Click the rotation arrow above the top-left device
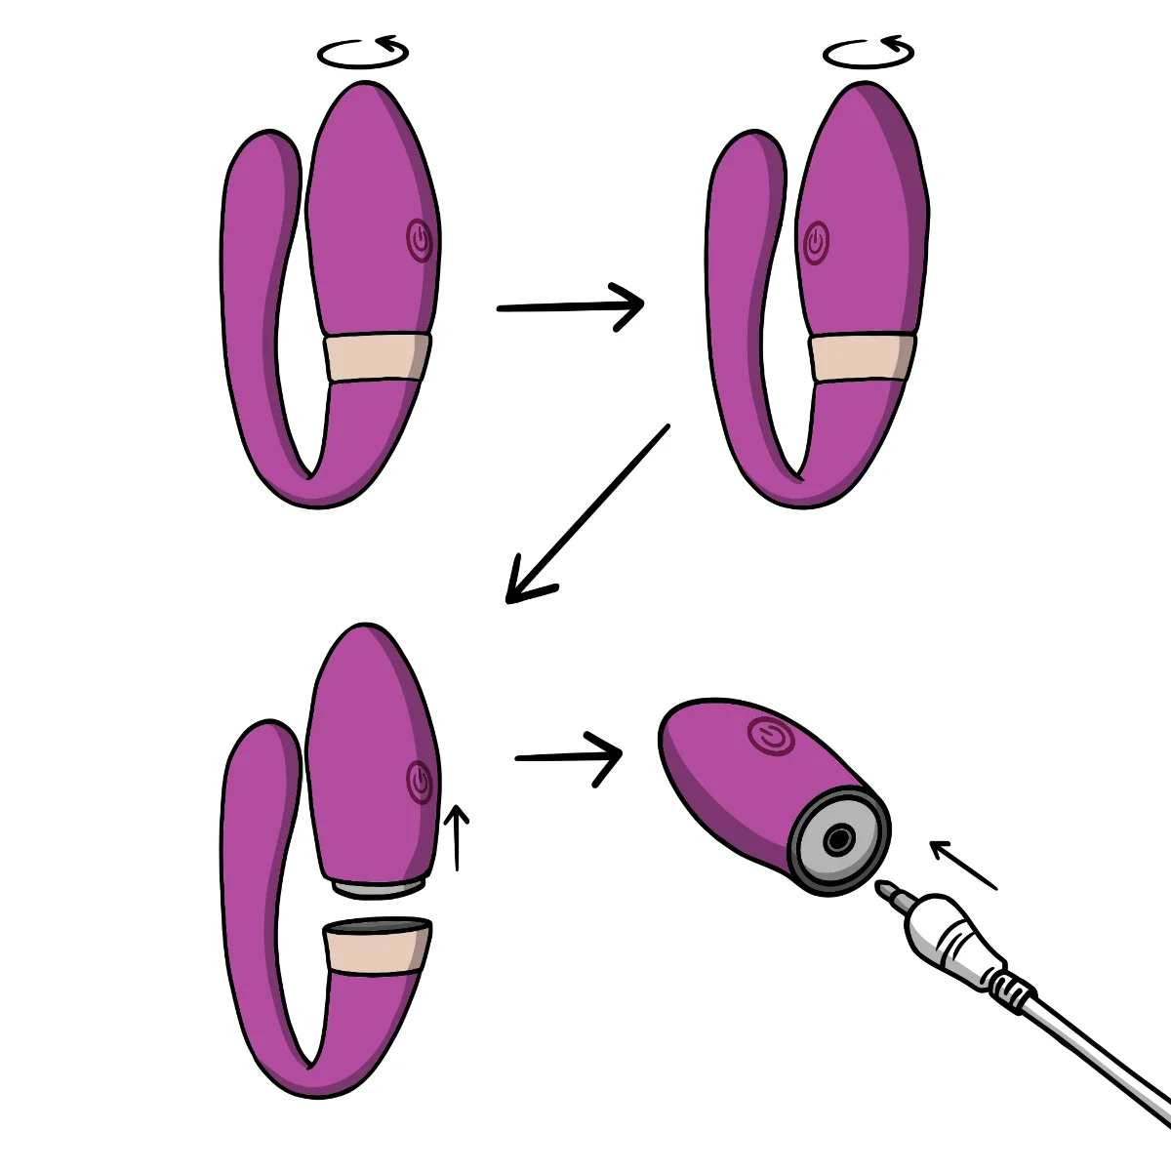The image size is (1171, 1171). coord(363,53)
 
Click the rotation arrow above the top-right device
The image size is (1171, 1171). coord(868,53)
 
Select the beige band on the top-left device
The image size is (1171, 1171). coord(377,357)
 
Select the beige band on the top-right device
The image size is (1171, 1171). coord(862,358)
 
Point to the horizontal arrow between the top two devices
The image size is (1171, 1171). coord(570,306)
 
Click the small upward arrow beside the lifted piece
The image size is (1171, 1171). coord(456,835)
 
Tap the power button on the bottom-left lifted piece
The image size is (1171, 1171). coord(419,781)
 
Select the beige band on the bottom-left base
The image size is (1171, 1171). coord(376,949)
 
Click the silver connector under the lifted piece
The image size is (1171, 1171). coord(379,887)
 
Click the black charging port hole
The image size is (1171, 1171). coord(837,839)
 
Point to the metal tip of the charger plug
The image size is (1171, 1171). coord(890,893)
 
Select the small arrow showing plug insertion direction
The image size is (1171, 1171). coord(962,865)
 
